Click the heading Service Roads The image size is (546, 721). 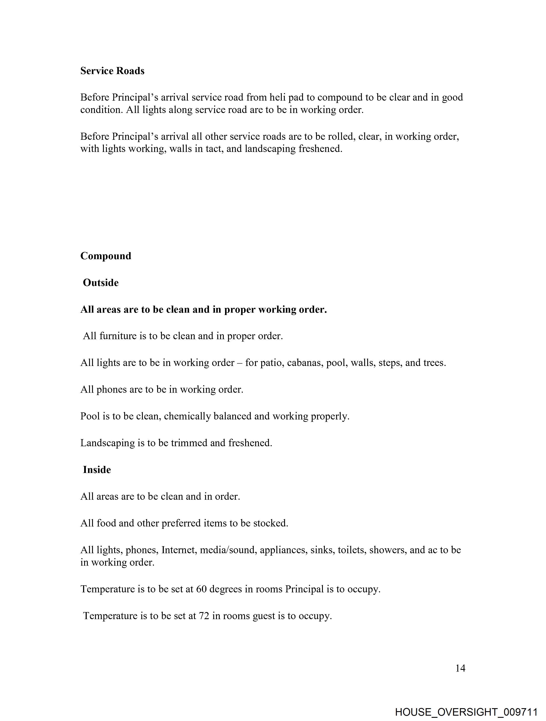tap(112, 71)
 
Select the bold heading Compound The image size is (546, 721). tap(106, 256)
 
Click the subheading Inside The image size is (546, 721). tap(97, 470)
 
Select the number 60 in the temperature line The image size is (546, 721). tap(201, 589)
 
